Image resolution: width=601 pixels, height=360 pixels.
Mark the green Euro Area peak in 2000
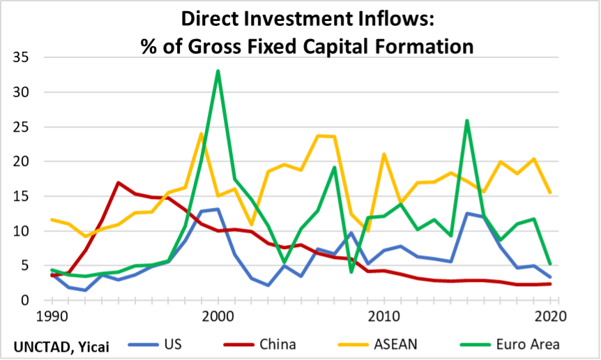[218, 71]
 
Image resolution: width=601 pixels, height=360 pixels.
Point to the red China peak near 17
[119, 183]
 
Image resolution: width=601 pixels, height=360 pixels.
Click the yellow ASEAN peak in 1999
[201, 134]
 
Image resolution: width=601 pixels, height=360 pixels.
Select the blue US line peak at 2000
[218, 209]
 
